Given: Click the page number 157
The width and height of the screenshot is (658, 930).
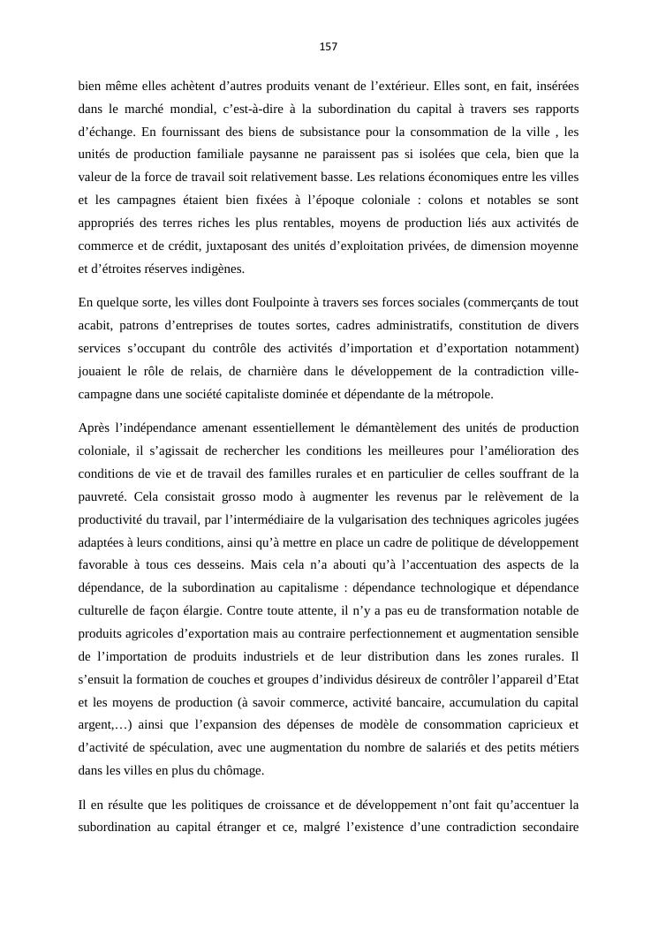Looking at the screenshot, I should click(x=329, y=47).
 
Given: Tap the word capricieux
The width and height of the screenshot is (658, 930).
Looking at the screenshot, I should click(x=527, y=725).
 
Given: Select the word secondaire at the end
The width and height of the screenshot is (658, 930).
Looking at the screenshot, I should click(x=547, y=828).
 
